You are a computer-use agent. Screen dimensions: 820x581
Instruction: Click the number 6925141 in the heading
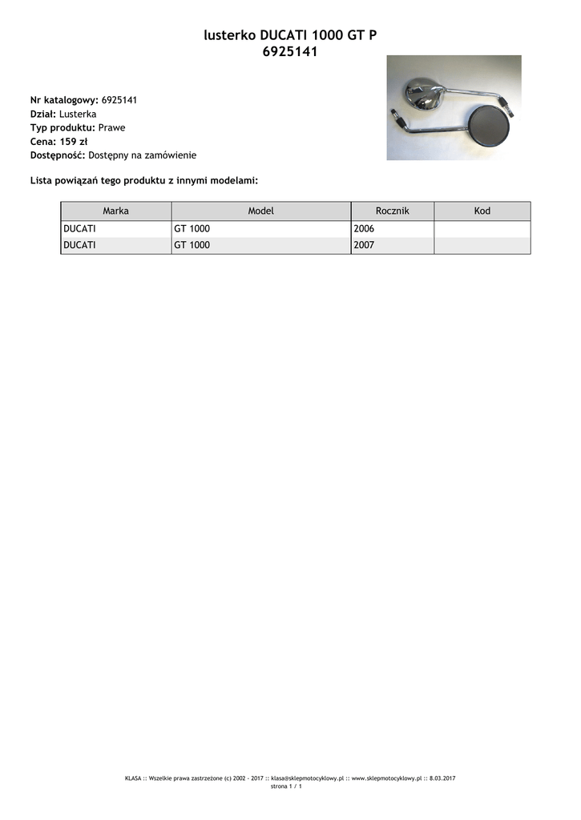pos(290,52)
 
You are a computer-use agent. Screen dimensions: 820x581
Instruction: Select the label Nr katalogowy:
pos(64,100)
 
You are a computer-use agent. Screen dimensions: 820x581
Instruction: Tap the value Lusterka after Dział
pos(78,114)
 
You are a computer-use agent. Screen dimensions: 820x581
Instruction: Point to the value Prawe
pos(111,127)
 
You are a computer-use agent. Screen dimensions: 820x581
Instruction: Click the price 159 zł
pos(73,141)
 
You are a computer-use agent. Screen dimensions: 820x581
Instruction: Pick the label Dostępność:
pos(58,155)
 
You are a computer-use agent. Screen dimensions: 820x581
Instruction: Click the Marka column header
pos(116,211)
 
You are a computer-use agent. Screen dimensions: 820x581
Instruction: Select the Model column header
pos(261,211)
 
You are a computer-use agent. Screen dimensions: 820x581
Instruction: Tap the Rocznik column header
pos(393,211)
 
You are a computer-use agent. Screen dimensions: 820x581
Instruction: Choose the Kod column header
pos(482,211)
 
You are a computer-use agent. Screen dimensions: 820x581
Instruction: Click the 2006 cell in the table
pos(364,229)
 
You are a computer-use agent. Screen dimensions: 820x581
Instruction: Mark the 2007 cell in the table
pos(364,246)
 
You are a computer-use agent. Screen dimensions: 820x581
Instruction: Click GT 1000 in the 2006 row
pos(192,229)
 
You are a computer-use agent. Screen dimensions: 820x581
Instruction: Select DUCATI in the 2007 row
pos(79,246)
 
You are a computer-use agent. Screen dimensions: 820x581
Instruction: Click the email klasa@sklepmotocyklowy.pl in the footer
pos(307,778)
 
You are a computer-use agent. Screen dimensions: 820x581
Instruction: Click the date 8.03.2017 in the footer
pos(442,778)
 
